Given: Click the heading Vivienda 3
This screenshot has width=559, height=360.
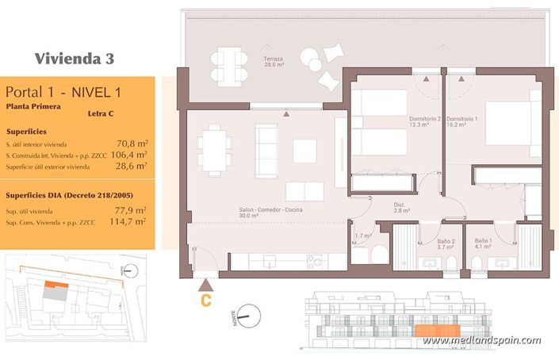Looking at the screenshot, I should pos(75,58).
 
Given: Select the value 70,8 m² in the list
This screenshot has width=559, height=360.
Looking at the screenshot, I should pos(132,144).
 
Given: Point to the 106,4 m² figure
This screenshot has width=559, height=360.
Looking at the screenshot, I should pos(129,155).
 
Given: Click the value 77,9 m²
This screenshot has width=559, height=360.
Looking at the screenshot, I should pos(131,210).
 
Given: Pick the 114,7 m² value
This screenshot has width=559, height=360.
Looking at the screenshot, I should pos(129,222).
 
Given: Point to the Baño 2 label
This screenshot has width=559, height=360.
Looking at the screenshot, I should pos(446,243).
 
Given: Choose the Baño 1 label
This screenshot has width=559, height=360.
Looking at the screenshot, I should pos(484,243).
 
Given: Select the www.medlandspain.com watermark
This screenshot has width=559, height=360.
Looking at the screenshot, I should pos(481,341).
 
